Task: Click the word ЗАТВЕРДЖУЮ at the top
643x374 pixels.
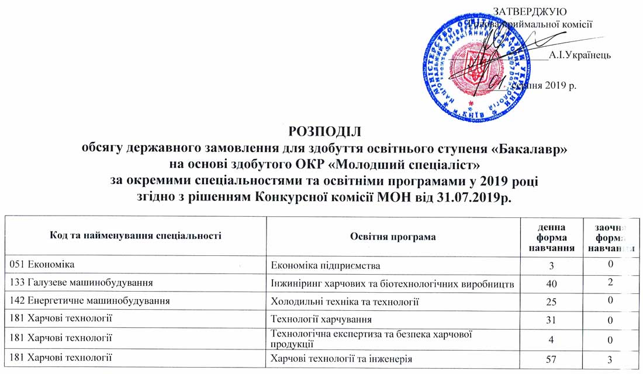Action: click(530, 11)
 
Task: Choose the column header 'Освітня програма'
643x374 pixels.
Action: click(393, 237)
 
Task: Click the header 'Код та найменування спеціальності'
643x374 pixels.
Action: click(135, 237)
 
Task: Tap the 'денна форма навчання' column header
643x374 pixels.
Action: click(547, 237)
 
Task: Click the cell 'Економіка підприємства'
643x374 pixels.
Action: click(326, 265)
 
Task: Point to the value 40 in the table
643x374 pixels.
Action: click(547, 283)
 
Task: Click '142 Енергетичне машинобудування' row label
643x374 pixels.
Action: click(91, 302)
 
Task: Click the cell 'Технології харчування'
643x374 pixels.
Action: click(322, 319)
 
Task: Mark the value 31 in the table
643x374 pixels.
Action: click(547, 320)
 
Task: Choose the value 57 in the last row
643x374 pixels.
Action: click(547, 358)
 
